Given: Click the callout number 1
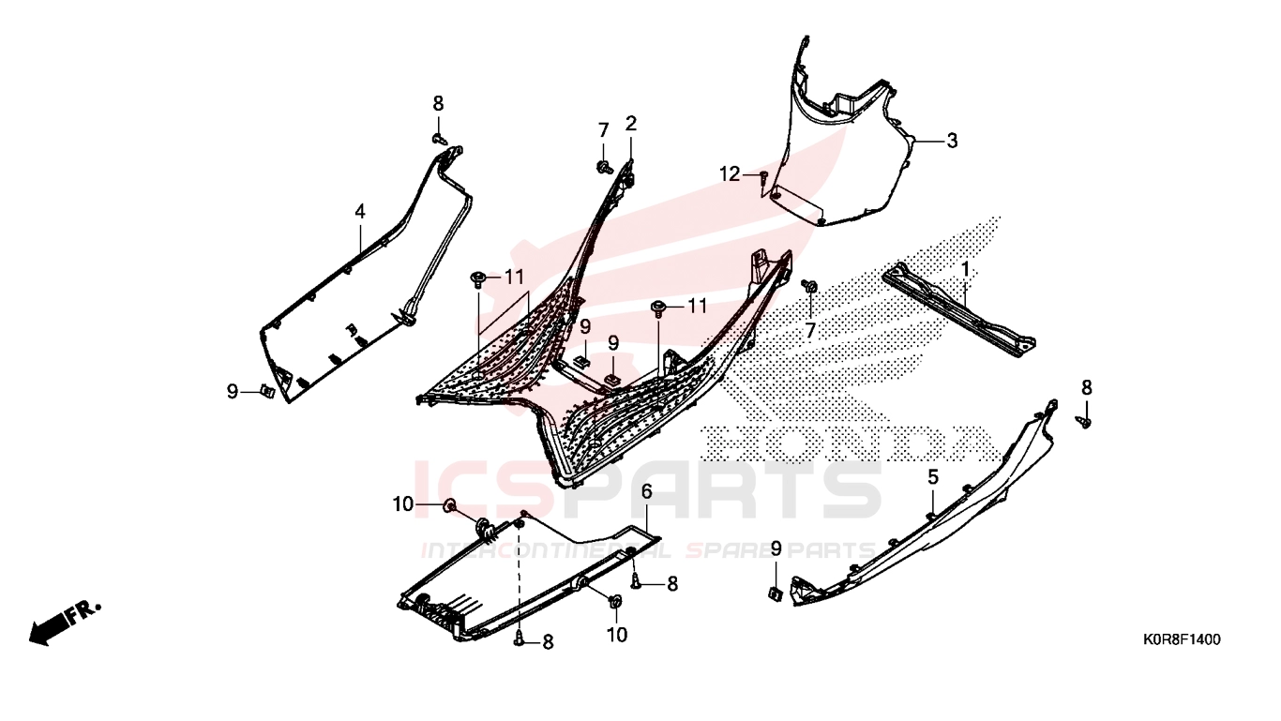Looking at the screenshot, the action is [x=965, y=269].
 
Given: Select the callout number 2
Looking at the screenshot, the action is [x=631, y=123].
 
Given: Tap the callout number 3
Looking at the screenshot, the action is [x=952, y=141].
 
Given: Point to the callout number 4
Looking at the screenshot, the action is [x=360, y=212].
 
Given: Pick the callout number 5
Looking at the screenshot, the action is [x=933, y=476].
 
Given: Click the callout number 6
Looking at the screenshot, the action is [x=647, y=491].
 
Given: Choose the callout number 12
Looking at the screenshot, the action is [x=730, y=173].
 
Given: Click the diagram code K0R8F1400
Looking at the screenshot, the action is [x=1182, y=639].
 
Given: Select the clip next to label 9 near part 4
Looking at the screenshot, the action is [x=266, y=391].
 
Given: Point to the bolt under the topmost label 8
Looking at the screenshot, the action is [x=439, y=139].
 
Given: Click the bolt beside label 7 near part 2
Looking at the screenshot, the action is [x=604, y=167].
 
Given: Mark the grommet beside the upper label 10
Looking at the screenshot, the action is [x=449, y=505].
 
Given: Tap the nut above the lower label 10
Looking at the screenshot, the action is [x=616, y=601].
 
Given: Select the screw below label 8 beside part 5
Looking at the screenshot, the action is [x=1085, y=422].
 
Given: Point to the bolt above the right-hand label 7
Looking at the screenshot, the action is [x=809, y=285].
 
